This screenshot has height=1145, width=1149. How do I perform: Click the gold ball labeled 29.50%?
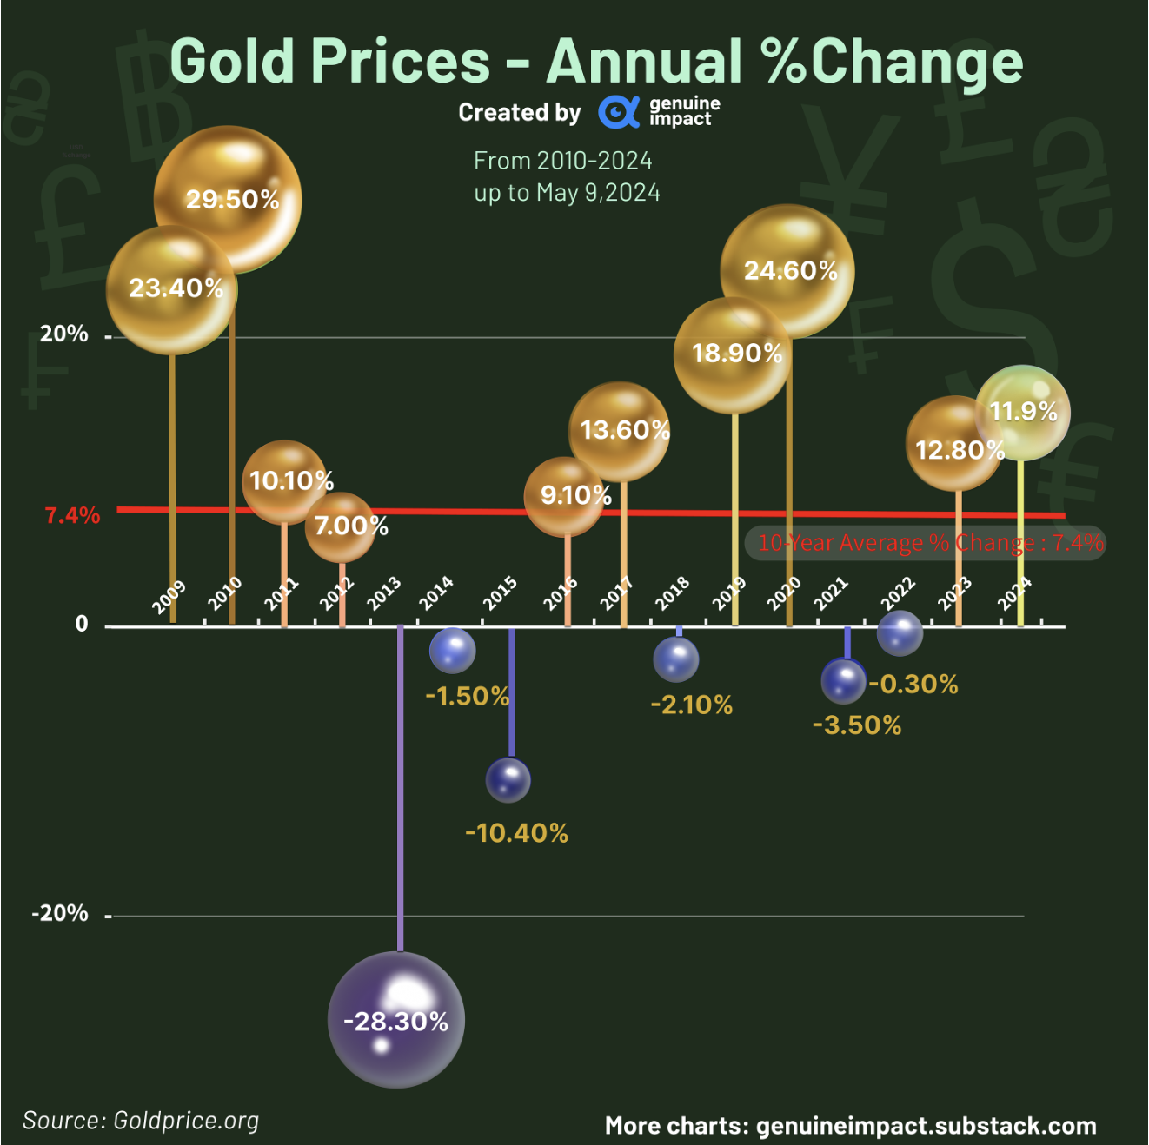pos(228,199)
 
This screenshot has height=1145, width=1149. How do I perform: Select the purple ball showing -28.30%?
pos(396,1020)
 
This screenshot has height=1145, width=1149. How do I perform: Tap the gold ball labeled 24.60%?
pos(787,270)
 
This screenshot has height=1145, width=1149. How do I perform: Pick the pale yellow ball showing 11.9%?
pos(1023,412)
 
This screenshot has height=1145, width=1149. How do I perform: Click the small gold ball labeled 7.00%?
pos(342,526)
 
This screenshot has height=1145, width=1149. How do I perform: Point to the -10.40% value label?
pos(517,833)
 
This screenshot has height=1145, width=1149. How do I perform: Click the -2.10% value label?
pos(692,705)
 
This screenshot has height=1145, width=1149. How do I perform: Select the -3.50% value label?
pos(857,725)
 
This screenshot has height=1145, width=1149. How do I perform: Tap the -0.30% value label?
pos(913,685)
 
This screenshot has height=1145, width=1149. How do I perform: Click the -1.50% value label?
pos(468,696)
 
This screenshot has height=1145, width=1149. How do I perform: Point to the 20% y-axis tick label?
pos(64,334)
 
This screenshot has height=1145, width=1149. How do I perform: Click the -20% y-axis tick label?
pos(60,913)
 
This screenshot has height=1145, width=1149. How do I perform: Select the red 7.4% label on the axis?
pos(73,515)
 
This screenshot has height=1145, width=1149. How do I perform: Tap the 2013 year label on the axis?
pos(384,593)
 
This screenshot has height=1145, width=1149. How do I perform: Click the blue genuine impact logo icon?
pos(618,112)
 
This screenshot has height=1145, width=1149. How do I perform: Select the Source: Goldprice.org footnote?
pos(141,1121)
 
